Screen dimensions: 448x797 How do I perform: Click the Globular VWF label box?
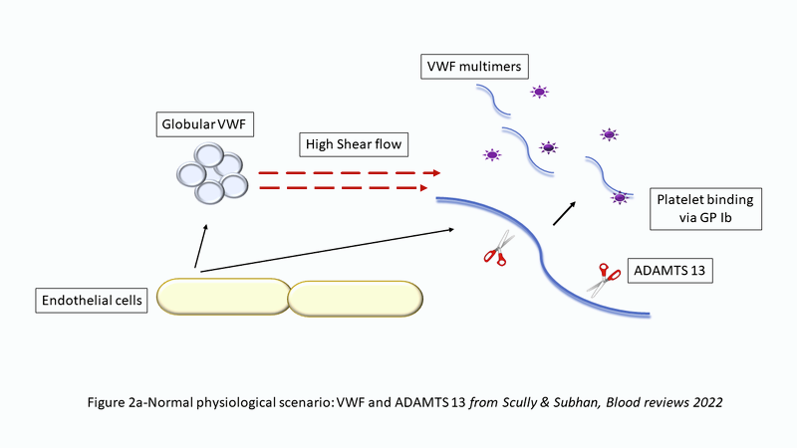pyautogui.click(x=202, y=125)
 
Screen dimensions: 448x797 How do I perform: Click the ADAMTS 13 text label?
pyautogui.click(x=667, y=271)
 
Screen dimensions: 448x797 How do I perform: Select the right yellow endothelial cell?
pyautogui.click(x=355, y=297)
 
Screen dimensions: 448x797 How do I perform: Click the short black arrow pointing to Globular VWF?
pyautogui.click(x=202, y=246)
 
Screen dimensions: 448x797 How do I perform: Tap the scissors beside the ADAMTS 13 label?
pyautogui.click(x=603, y=279)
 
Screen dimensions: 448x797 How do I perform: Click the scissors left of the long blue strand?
pyautogui.click(x=495, y=248)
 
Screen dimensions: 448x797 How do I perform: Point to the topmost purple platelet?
pyautogui.click(x=539, y=93)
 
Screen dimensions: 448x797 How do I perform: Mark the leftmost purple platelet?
pyautogui.click(x=491, y=154)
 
